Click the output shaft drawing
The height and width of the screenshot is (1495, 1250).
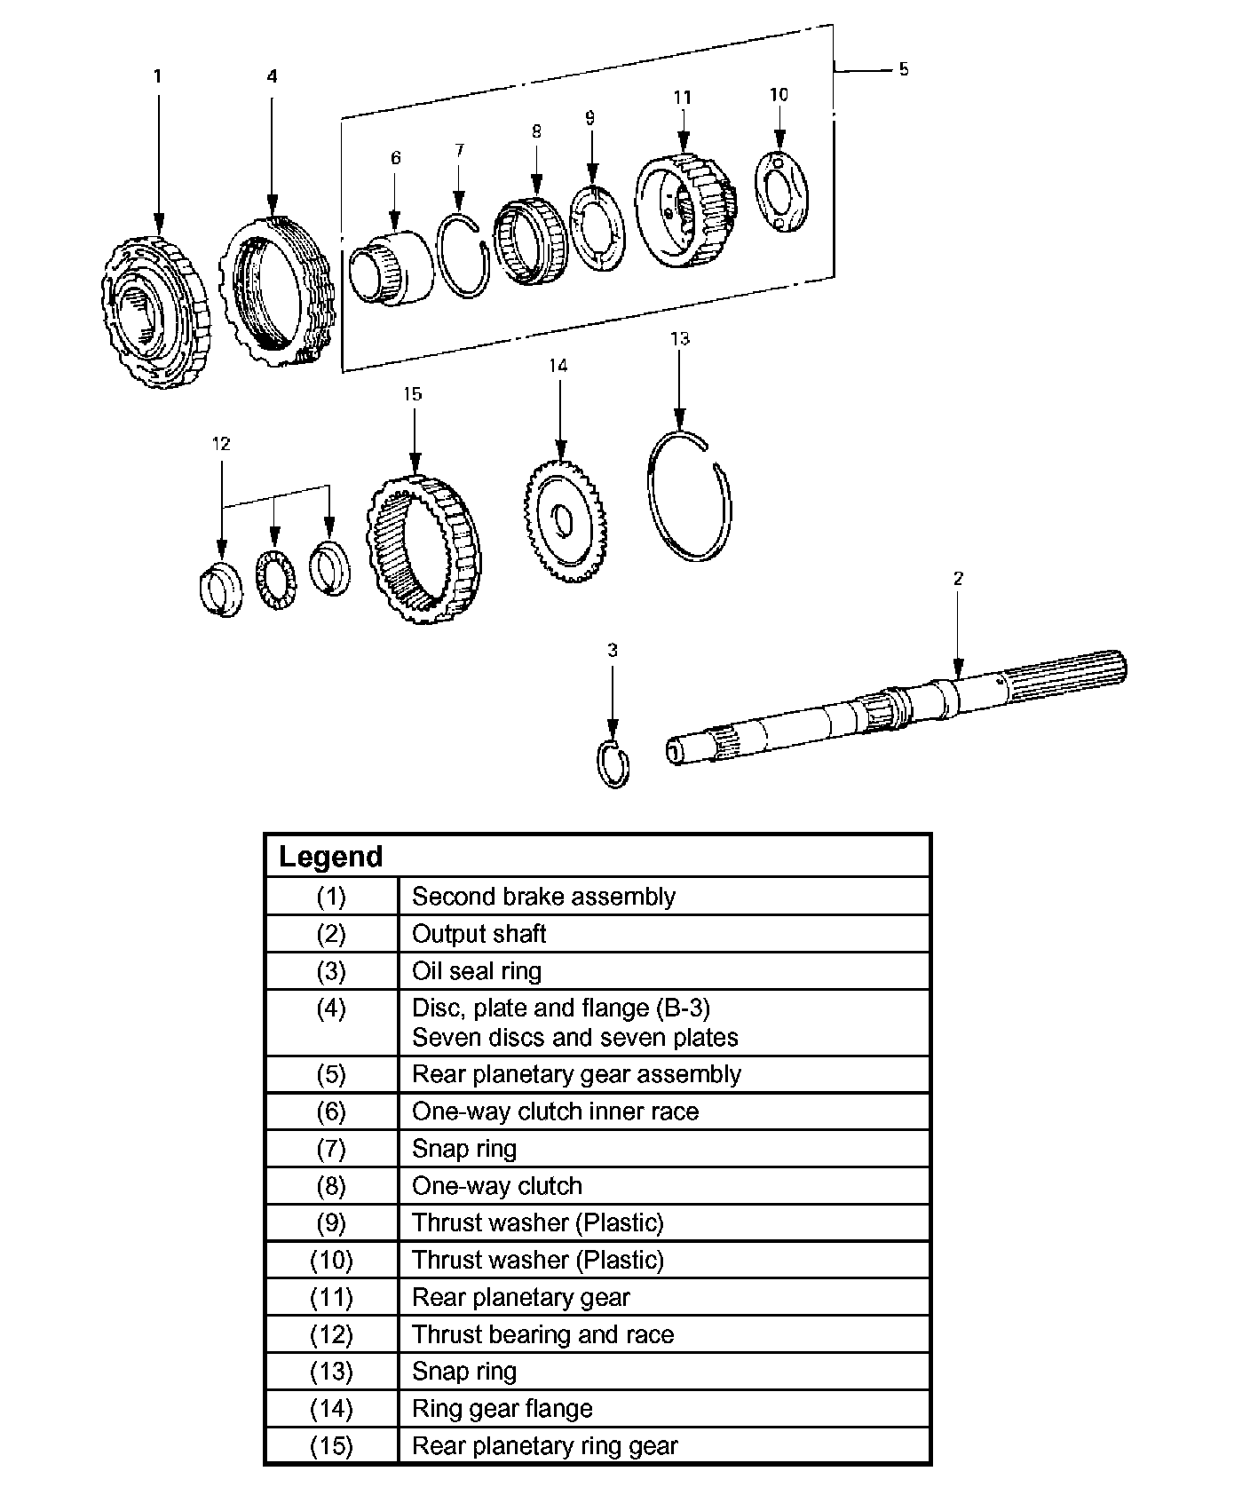(897, 706)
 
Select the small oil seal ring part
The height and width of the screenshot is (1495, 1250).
(613, 763)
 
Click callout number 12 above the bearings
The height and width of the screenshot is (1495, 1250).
(221, 443)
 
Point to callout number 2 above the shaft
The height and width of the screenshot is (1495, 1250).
(958, 579)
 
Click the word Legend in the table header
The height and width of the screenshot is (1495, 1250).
(330, 857)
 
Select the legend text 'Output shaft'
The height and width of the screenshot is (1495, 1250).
(479, 934)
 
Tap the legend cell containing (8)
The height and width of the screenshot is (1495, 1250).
(331, 1186)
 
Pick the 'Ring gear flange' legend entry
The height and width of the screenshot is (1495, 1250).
(502, 1409)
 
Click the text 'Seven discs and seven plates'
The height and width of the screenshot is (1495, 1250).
(574, 1038)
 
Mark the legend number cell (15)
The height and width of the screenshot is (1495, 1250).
(331, 1446)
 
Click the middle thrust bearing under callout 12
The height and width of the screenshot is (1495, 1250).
(274, 580)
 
